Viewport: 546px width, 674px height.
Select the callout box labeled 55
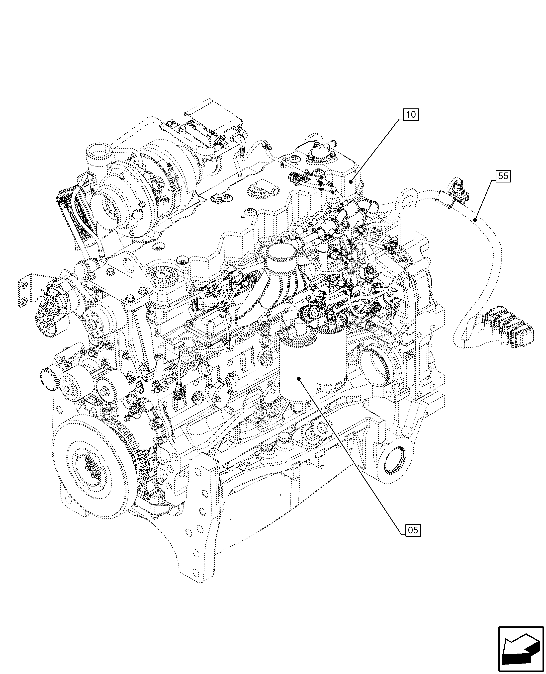point(503,176)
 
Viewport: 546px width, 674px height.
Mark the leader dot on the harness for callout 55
point(475,220)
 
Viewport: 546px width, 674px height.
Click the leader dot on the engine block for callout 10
point(351,181)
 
